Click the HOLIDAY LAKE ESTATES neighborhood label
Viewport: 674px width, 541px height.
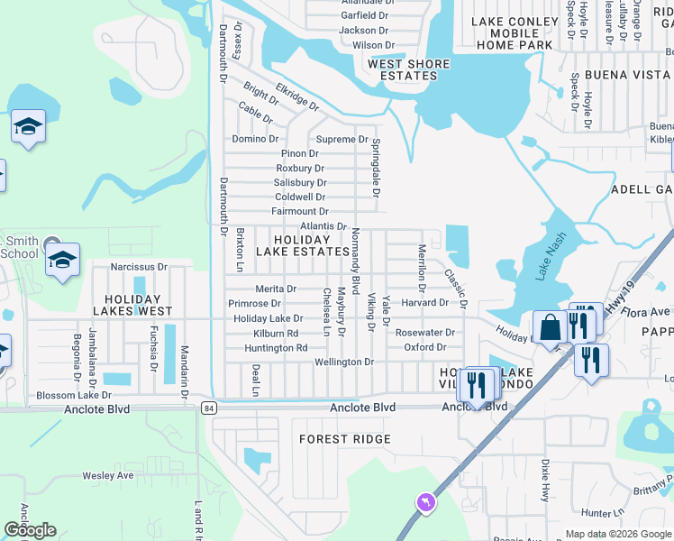[x=302, y=245]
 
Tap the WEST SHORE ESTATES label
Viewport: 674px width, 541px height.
[x=408, y=69]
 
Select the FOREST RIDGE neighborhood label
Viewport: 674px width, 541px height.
[x=346, y=439]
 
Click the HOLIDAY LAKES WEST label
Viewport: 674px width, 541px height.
[x=138, y=305]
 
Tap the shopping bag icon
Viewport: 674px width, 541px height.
[x=549, y=327]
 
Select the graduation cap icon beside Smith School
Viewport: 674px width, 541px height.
[x=62, y=261]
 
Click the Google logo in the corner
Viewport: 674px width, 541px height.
[x=30, y=530]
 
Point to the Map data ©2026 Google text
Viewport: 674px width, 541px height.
[x=617, y=534]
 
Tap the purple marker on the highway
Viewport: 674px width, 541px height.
[x=424, y=501]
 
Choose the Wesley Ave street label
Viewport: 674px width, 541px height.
[x=107, y=475]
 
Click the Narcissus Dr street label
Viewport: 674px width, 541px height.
[x=139, y=267]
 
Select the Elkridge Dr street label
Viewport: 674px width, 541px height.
[x=297, y=97]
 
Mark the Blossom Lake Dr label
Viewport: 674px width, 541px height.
[x=73, y=395]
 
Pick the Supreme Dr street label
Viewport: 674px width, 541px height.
[x=342, y=139]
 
